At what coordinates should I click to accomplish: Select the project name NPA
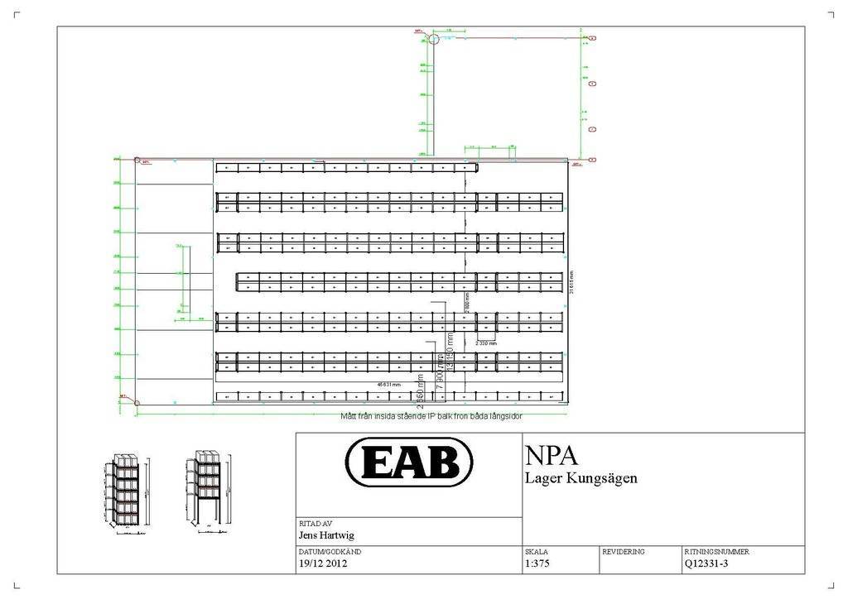551,456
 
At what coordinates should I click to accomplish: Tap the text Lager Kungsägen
581,478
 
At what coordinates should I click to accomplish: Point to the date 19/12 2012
323,564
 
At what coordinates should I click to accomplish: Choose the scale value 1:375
537,564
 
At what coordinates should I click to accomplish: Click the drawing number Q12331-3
706,564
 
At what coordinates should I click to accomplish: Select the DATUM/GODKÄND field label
329,551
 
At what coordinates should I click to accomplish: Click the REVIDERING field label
623,551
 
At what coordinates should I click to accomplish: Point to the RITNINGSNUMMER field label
716,551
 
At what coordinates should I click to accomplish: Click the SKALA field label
536,551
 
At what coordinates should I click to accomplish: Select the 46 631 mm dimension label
389,385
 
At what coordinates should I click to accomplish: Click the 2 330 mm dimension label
486,342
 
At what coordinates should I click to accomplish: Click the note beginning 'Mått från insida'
431,416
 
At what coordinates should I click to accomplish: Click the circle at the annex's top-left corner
433,39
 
